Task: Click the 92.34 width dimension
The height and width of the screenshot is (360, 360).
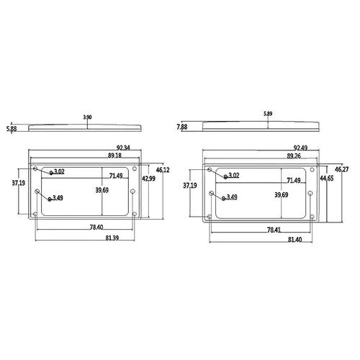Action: coord(123,148)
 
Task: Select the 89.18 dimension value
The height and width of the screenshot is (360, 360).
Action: coord(114,156)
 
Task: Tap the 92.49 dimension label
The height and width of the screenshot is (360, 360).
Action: coord(300,148)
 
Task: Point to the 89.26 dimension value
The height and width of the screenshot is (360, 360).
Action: coord(294,156)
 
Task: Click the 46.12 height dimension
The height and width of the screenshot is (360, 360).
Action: coord(163,170)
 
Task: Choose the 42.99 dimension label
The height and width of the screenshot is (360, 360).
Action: coord(148,179)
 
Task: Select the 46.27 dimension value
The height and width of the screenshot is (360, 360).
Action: coord(342,169)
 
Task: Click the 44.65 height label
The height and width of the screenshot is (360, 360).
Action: coord(327,179)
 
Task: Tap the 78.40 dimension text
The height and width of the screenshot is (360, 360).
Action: coord(96,227)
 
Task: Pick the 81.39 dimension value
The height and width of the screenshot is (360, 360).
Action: coord(112,238)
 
